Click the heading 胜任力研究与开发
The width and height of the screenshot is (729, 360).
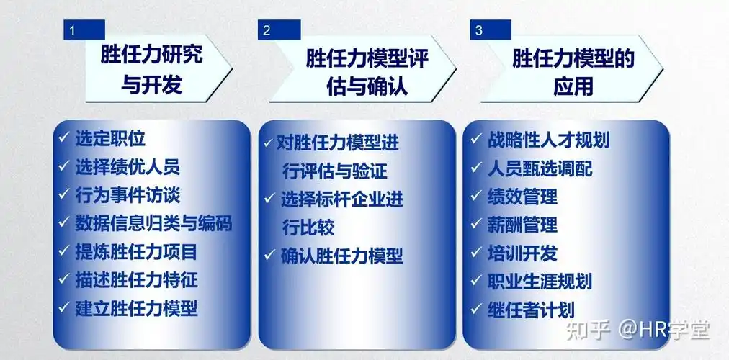coord(151,70)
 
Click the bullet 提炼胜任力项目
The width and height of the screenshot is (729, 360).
coord(136,251)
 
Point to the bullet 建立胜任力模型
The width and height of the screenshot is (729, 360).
coord(136,308)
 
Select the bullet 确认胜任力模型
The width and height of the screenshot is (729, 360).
coord(341,256)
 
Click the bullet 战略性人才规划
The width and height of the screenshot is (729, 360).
coord(548,139)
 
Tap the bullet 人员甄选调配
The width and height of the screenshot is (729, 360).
coord(540,168)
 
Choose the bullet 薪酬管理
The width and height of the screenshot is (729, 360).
coord(522,224)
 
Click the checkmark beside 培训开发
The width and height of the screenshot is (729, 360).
coord(476,253)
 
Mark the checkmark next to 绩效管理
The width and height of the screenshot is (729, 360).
coord(476,196)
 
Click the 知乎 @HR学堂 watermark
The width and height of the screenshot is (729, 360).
coord(637,330)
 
